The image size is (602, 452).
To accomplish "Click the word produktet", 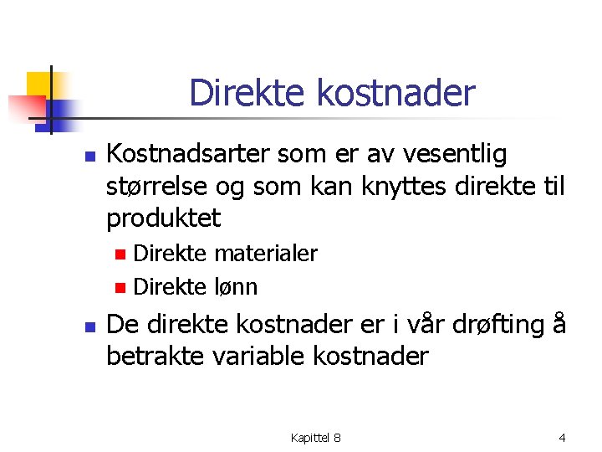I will [x=164, y=218].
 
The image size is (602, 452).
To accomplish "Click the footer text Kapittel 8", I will [x=315, y=438].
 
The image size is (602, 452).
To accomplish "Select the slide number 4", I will [x=562, y=438].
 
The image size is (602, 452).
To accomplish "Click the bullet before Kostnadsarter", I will [x=92, y=156].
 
